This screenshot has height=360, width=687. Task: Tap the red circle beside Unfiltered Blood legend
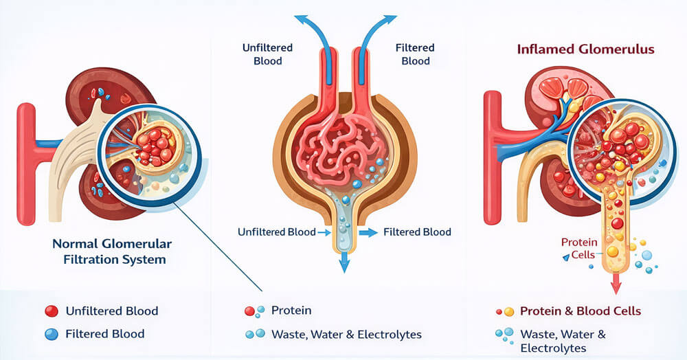click(51, 311)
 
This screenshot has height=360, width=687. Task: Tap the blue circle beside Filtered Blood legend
click(51, 334)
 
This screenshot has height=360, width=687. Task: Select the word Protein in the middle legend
click(291, 311)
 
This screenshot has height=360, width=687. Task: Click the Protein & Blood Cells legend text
click(580, 311)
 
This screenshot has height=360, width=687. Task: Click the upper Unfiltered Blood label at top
click(267, 54)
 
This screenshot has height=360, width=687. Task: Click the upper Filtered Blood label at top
click(415, 54)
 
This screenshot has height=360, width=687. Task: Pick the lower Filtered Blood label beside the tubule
click(417, 232)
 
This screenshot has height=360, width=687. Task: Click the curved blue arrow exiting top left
click(307, 27)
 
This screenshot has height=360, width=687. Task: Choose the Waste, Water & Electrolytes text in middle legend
click(346, 335)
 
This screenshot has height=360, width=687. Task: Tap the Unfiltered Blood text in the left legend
click(111, 311)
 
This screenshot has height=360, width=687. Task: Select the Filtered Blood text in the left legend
click(104, 334)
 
